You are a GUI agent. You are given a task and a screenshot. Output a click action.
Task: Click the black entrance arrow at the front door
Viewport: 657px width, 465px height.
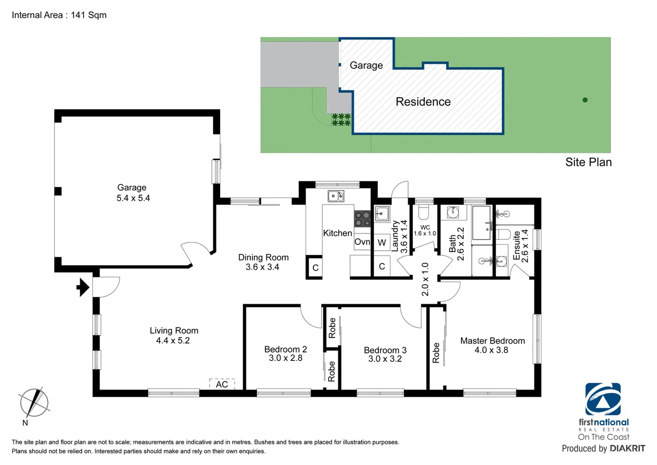83,287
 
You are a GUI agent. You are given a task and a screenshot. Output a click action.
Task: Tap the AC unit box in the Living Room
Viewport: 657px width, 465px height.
222,384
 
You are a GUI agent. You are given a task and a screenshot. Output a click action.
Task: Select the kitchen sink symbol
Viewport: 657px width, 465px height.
336,196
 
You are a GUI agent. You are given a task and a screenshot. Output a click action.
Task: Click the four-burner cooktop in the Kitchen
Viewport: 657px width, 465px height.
362,218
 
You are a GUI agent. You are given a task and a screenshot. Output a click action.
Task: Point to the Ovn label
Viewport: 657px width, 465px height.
362,242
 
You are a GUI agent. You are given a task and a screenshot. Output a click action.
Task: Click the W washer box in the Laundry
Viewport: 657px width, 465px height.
382,242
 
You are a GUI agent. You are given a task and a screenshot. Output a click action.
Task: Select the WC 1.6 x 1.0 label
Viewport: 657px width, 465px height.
425,230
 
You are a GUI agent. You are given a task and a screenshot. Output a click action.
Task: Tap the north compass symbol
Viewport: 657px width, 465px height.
34,403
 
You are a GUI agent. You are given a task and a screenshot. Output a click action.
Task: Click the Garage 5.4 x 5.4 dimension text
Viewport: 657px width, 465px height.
133,198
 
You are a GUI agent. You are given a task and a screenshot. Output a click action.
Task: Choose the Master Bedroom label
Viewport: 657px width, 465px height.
492,341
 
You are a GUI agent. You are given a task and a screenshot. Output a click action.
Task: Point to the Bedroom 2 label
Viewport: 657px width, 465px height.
285,349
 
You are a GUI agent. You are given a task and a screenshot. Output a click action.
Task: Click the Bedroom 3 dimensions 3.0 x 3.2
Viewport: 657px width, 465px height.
385,359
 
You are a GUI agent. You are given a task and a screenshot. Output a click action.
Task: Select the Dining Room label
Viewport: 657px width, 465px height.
263,257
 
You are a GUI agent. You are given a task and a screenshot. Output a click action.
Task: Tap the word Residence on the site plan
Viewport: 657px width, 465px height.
423,102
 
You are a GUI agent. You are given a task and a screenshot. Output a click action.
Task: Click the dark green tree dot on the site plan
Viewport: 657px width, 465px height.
585,100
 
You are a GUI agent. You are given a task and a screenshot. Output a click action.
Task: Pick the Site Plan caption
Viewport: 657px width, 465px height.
588,162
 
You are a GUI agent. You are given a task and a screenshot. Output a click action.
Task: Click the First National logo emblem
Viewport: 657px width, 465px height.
603,399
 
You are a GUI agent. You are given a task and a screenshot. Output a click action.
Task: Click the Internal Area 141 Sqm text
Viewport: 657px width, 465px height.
59,15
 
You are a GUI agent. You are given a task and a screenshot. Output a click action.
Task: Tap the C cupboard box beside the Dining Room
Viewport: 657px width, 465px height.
315,268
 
